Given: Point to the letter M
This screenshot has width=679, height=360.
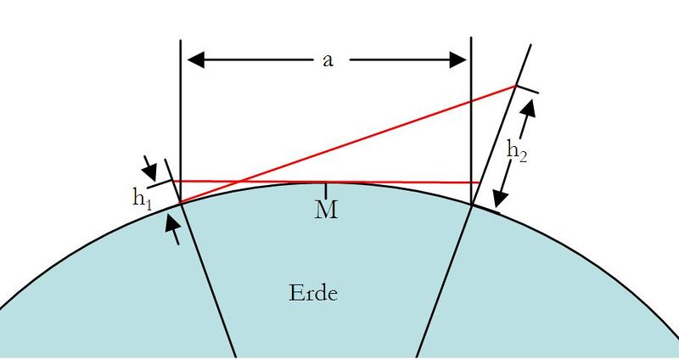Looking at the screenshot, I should pos(327,210).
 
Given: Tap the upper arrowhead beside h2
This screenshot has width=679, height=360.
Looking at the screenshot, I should pos(532,106).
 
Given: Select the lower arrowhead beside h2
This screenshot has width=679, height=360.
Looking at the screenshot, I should pos(501,200).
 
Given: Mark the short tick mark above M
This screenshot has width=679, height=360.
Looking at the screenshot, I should pos(327,189).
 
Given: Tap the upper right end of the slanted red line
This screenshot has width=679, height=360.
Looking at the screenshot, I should pos(515,86).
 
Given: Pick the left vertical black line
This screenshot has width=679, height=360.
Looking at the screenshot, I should pos(182,102).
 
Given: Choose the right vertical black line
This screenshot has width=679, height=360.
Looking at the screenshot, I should pos(471,102).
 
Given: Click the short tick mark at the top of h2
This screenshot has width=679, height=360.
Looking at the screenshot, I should pos(526,89).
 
